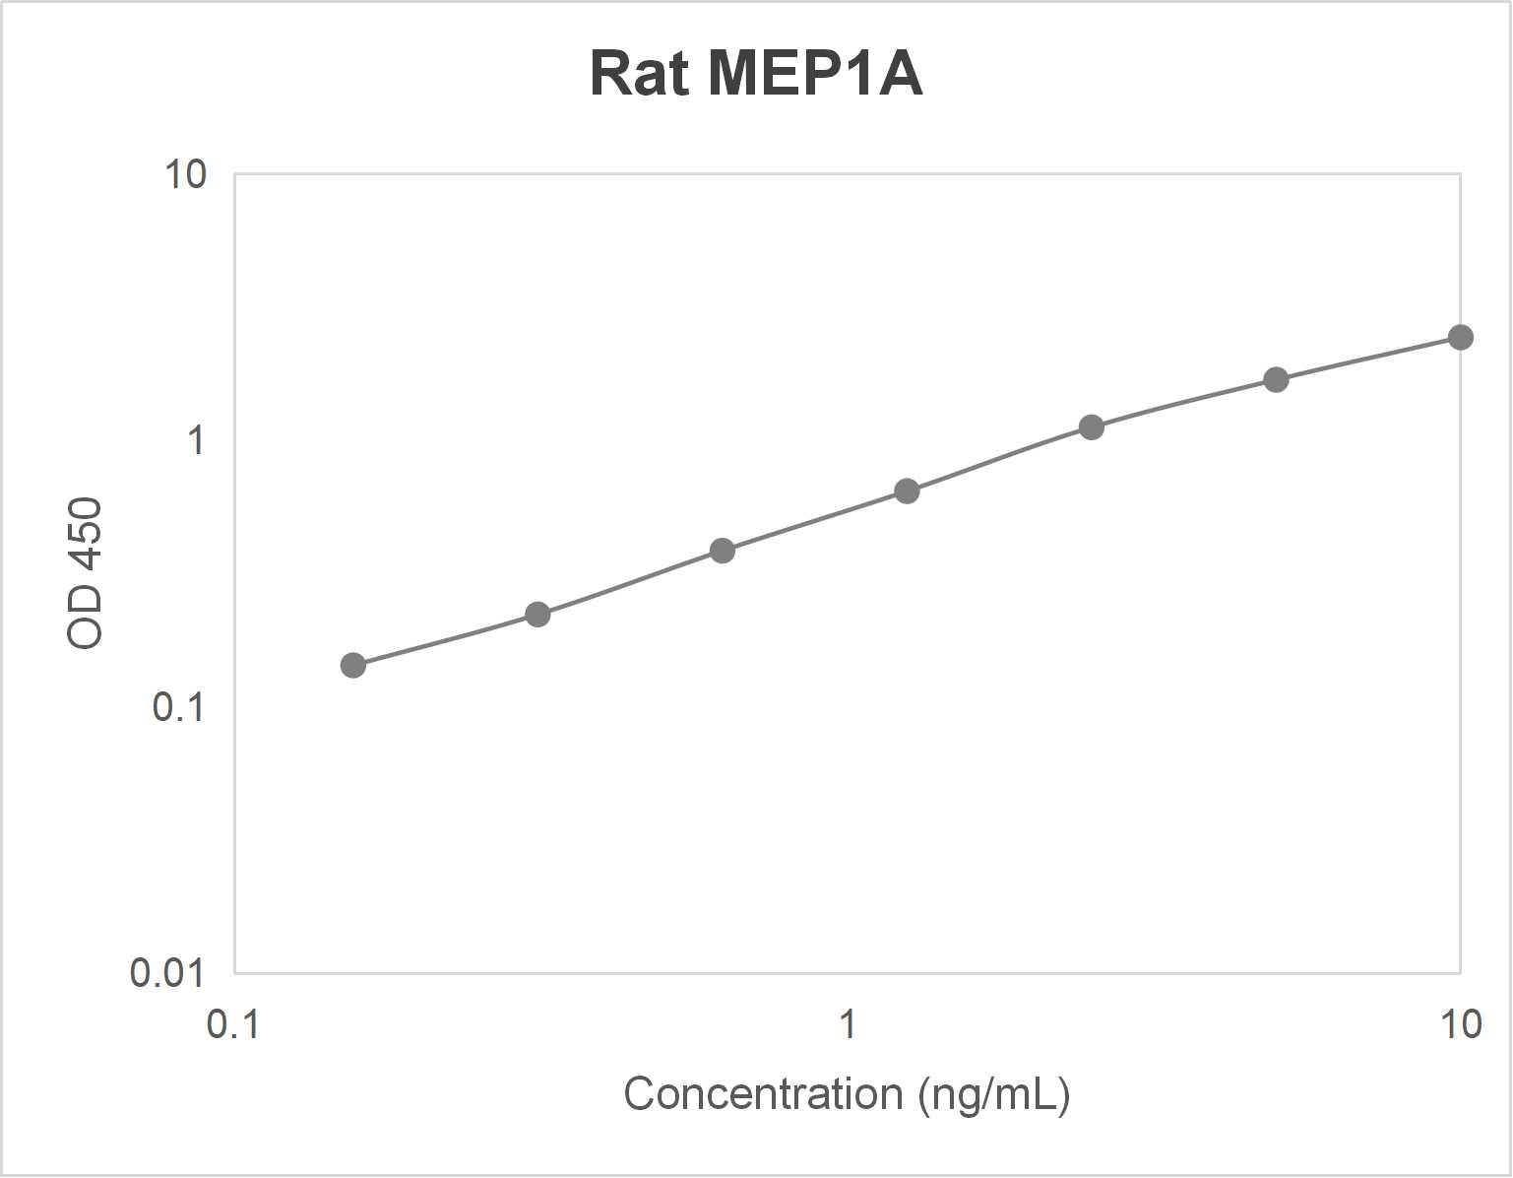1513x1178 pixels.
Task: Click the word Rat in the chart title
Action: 638,74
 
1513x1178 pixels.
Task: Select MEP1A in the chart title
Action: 815,74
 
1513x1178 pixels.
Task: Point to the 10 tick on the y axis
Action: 185,174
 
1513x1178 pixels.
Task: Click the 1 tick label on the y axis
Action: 196,440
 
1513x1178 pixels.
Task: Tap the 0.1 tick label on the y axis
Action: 178,706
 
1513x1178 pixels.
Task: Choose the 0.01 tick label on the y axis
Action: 166,972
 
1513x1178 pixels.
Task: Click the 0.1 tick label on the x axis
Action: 233,1024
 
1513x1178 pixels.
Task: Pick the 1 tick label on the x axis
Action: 847,1024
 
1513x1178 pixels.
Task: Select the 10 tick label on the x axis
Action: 1460,1024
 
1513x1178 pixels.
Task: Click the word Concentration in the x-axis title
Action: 763,1094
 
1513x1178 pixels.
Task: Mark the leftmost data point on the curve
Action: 353,666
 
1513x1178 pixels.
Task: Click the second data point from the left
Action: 537,616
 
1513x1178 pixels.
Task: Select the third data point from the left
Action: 723,551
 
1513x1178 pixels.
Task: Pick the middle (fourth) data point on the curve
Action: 907,491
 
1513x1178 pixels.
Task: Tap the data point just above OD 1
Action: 1091,427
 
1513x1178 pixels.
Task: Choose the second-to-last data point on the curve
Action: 1276,380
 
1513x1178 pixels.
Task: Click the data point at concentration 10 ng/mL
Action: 1460,338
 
